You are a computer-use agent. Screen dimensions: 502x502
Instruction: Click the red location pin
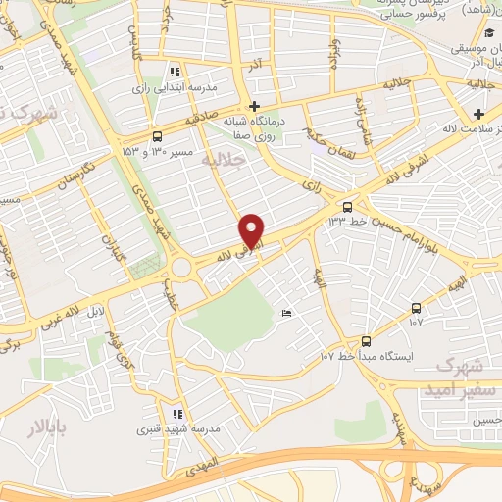tap(253, 230)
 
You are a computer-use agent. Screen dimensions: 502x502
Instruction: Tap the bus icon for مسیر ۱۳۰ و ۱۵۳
tap(158, 136)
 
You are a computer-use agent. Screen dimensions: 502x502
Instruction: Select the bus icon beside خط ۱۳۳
tap(348, 207)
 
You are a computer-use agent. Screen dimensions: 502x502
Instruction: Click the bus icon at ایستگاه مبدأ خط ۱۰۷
tap(366, 341)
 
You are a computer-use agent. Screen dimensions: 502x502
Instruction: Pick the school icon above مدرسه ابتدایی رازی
tap(175, 72)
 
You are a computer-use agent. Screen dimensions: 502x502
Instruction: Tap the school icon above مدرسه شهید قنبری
tap(176, 414)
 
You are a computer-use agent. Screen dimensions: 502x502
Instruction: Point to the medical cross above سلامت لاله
tap(477, 116)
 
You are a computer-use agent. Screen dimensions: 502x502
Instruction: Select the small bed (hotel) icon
tap(286, 314)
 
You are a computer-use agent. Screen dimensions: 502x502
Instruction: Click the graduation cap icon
tap(488, 35)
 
